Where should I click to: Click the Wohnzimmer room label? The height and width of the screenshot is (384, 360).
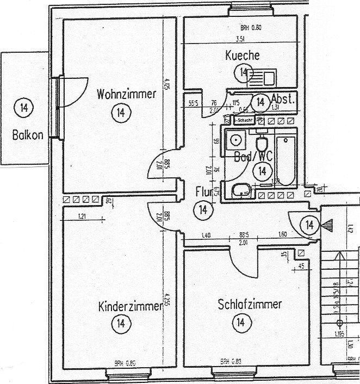click(x=126, y=94)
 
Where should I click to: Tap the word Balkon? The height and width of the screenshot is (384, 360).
click(x=27, y=134)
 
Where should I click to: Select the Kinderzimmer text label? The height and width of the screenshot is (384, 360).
click(x=129, y=306)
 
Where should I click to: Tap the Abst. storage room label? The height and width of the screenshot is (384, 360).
click(x=283, y=100)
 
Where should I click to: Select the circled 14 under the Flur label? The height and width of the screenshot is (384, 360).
click(x=203, y=210)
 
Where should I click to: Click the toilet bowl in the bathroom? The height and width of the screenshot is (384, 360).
click(x=262, y=145)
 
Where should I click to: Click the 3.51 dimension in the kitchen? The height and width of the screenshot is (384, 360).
click(x=240, y=39)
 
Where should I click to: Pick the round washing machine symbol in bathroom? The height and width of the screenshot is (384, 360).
click(x=237, y=140)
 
